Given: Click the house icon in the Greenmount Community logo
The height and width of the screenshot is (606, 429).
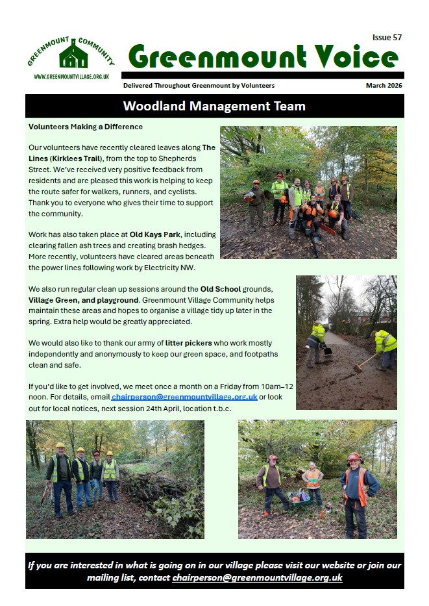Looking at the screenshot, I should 73,57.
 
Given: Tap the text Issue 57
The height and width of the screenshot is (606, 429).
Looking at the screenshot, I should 387,38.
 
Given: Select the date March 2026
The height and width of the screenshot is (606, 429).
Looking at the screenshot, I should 384,86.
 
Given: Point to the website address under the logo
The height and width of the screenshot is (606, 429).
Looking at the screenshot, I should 71,77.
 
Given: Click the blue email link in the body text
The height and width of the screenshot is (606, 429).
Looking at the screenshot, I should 184,397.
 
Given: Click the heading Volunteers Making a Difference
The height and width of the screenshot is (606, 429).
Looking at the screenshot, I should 86,127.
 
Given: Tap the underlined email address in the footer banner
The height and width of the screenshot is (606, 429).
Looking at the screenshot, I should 257,577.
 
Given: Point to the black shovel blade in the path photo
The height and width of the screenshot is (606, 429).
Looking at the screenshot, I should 328,351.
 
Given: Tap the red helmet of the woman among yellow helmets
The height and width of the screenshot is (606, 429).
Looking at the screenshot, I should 97,453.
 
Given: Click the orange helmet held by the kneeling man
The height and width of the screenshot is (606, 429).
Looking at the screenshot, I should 333,214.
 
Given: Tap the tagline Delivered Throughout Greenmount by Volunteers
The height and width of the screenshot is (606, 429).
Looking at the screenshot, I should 199,86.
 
